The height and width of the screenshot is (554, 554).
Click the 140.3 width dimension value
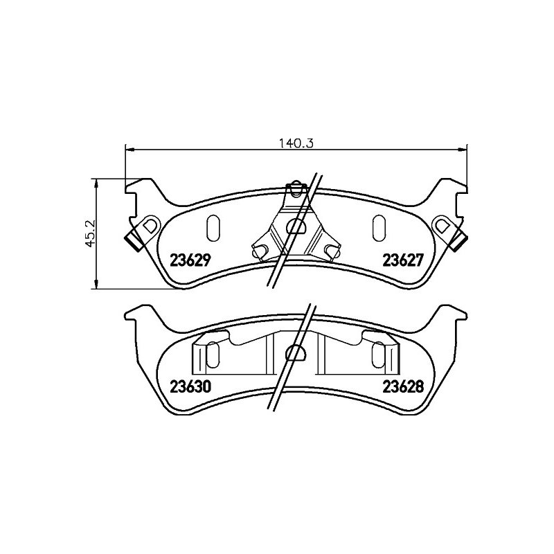coord(296,143)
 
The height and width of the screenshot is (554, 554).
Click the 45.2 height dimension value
coord(91,233)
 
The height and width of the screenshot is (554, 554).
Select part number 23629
coord(190,260)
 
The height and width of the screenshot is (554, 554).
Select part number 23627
coord(403,260)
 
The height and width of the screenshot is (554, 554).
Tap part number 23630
coord(191,386)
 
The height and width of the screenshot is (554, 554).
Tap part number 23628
coord(403,386)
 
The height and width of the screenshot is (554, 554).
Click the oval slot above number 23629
coord(213,229)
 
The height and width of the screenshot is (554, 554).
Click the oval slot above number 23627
coord(379,229)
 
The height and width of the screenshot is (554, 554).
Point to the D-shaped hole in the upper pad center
coord(296,226)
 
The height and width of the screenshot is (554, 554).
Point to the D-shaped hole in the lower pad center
coord(296,352)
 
